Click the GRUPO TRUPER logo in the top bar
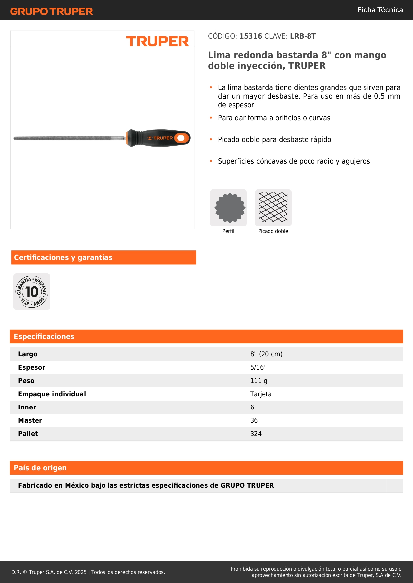tap(51, 11)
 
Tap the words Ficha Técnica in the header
tap(380, 10)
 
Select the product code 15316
tap(251, 36)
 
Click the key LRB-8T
tap(303, 36)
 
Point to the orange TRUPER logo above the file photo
tap(157, 41)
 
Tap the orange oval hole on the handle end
tap(181, 138)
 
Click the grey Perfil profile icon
tap(228, 208)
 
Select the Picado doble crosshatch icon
tap(273, 208)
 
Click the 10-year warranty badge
tap(32, 291)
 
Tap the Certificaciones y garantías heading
tap(63, 257)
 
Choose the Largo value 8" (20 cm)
tap(266, 354)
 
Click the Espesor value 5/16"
tap(258, 367)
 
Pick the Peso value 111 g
tap(259, 381)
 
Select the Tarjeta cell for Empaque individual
tap(261, 394)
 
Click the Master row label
tap(30, 420)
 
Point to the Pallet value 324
tap(256, 434)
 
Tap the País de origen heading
tap(40, 468)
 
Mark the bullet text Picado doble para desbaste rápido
tap(275, 140)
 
